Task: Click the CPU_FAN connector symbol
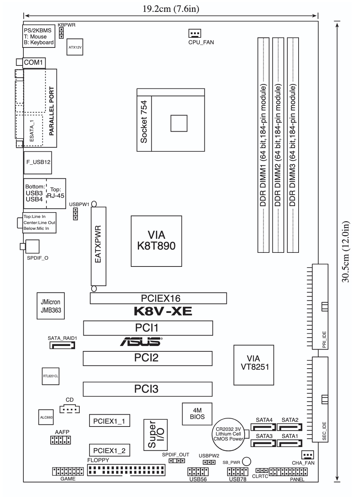(195, 33)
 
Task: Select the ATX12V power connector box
(75, 47)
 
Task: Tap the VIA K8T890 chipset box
(156, 241)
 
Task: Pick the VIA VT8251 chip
(254, 365)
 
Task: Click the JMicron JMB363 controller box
(51, 306)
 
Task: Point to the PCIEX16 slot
(158, 298)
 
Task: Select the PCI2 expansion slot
(148, 358)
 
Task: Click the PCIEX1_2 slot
(110, 450)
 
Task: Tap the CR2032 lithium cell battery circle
(229, 434)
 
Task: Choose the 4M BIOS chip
(197, 414)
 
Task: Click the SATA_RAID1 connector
(62, 345)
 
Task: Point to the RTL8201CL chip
(51, 376)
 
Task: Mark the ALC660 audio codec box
(46, 417)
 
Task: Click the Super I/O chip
(156, 435)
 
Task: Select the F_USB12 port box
(38, 163)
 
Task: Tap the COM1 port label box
(34, 63)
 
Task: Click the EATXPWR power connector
(98, 246)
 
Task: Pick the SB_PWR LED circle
(246, 461)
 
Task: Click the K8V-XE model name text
(163, 311)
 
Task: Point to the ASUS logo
(141, 342)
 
